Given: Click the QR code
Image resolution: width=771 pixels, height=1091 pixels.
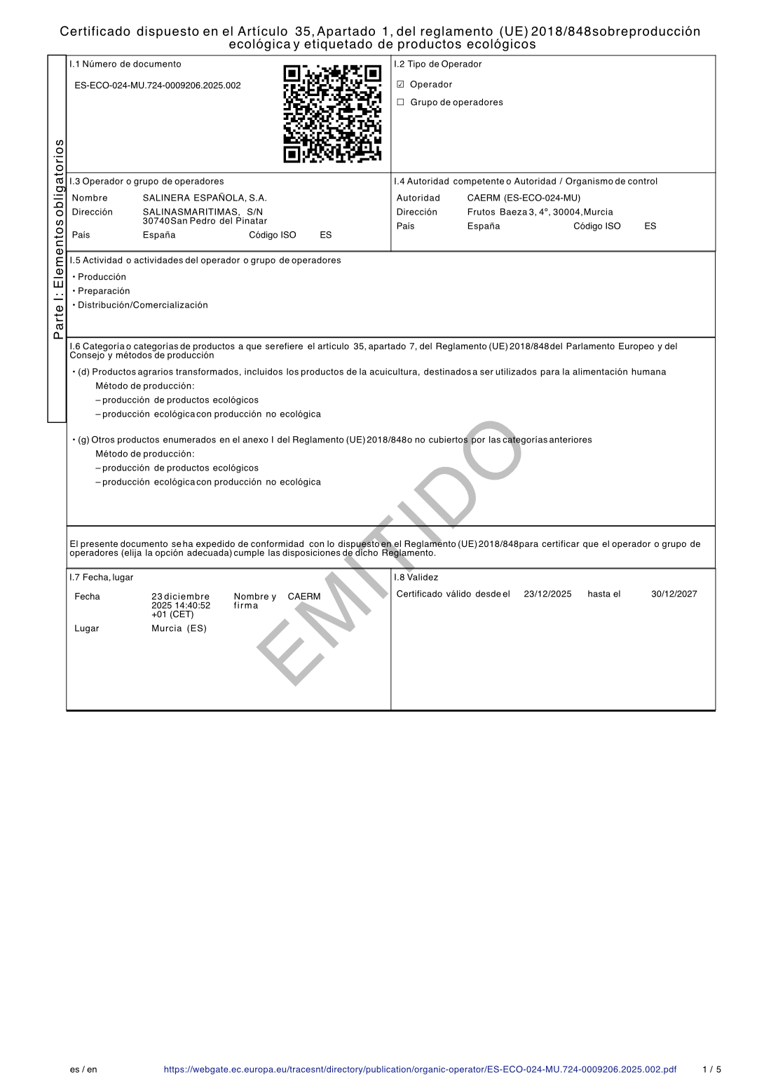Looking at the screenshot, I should pos(332,114).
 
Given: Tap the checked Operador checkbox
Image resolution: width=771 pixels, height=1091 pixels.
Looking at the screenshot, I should pos(401,85).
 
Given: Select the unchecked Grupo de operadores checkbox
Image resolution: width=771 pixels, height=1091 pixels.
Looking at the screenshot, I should pos(401,102).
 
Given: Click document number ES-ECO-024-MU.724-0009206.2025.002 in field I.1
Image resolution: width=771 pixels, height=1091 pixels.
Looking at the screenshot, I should pos(158,86).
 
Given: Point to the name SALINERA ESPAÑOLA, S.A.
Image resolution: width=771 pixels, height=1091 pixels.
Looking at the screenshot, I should pos(205,198).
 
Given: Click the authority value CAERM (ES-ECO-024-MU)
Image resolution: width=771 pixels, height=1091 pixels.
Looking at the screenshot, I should pos(524,198).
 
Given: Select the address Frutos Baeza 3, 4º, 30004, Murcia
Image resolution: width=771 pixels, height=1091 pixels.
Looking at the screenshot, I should pos(540,212).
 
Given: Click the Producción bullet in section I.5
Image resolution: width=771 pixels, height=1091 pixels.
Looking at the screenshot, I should pos(102,278).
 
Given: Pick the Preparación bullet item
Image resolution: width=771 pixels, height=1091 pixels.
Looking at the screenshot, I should pos(104,292).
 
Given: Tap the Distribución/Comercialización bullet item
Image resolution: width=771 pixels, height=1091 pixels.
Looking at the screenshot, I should pos(142,306).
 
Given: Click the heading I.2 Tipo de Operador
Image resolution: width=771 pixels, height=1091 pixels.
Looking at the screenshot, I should pos(438,65).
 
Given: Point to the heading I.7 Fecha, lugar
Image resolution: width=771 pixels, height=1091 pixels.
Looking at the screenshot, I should pos(101,578).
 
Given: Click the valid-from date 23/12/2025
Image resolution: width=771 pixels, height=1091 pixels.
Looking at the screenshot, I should pos(547,595).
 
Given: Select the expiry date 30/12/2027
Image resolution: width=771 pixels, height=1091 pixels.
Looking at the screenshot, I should pos(674,595).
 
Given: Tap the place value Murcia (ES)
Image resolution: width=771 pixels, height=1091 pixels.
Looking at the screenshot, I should pos(179,629).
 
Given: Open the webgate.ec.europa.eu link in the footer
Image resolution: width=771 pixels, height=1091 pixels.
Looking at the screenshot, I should pos(420,1070).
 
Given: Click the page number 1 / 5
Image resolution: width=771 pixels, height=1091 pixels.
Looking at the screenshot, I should pos(711,1070).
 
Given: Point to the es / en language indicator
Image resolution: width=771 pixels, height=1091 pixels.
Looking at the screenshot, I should pos(83,1070).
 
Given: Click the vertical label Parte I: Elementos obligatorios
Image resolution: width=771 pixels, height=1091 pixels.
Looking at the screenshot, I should pos(59,238).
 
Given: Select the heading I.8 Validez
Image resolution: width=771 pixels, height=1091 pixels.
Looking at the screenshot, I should pos(416,578).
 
